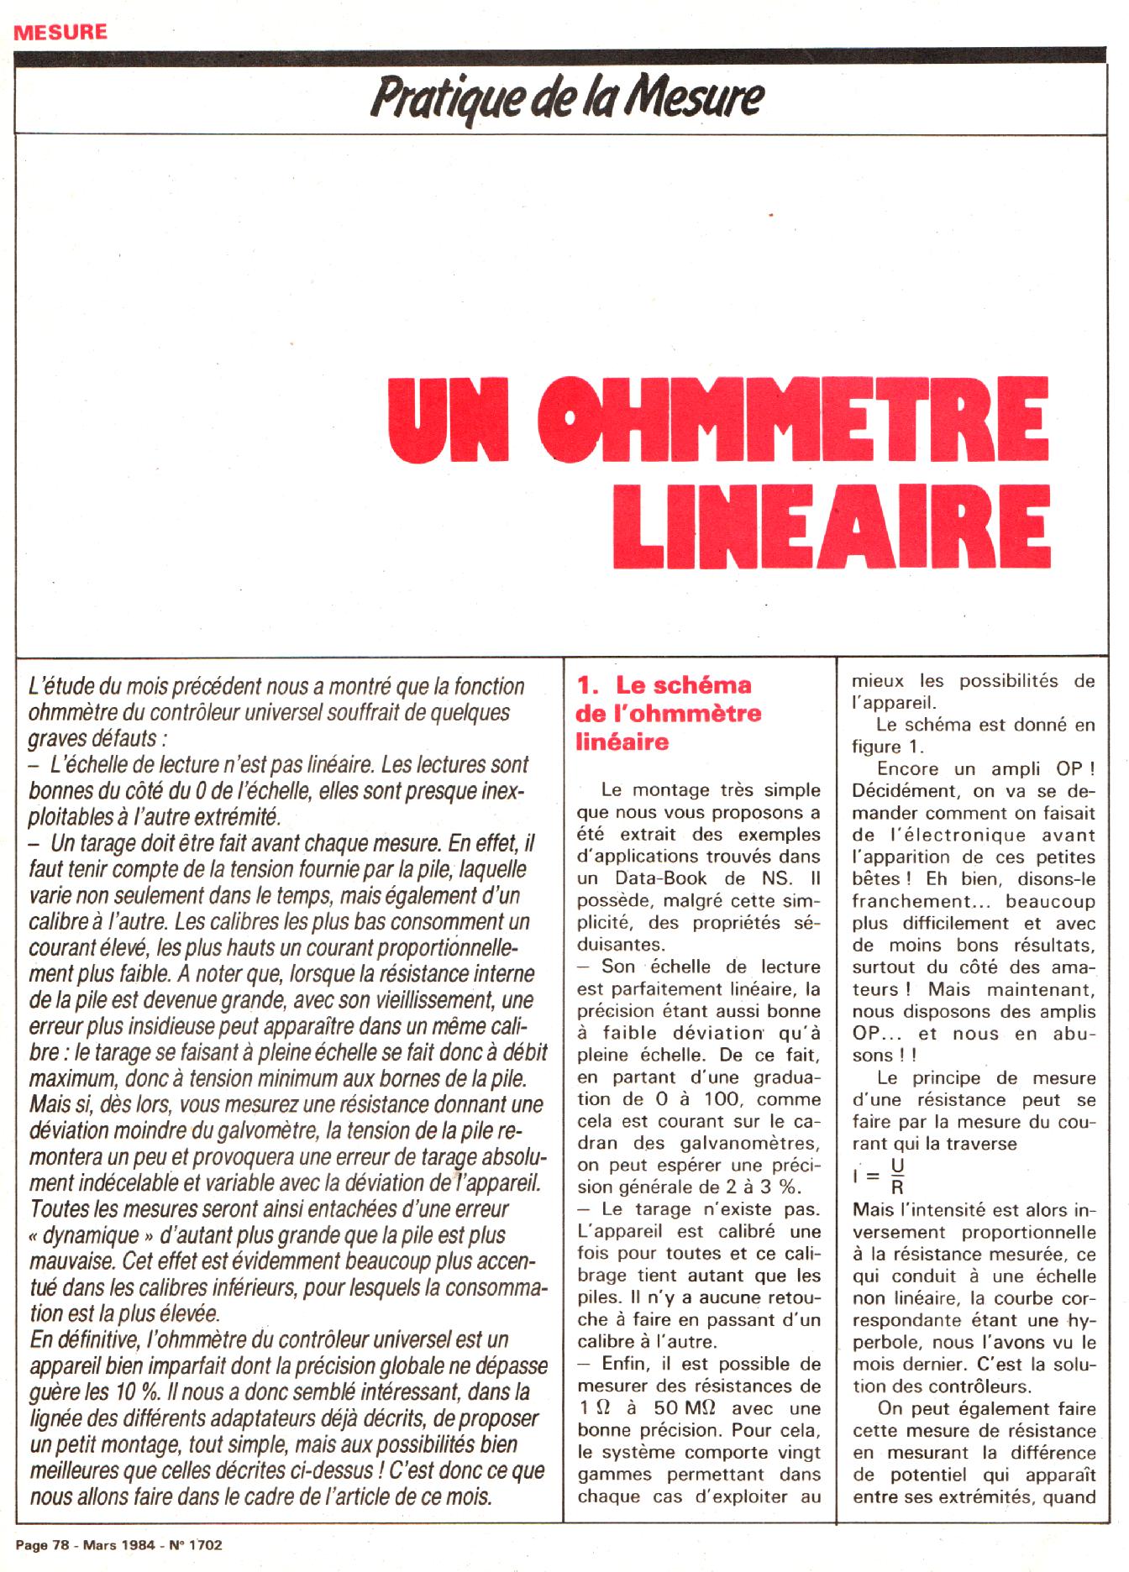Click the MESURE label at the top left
61,32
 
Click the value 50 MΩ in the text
686,1408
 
